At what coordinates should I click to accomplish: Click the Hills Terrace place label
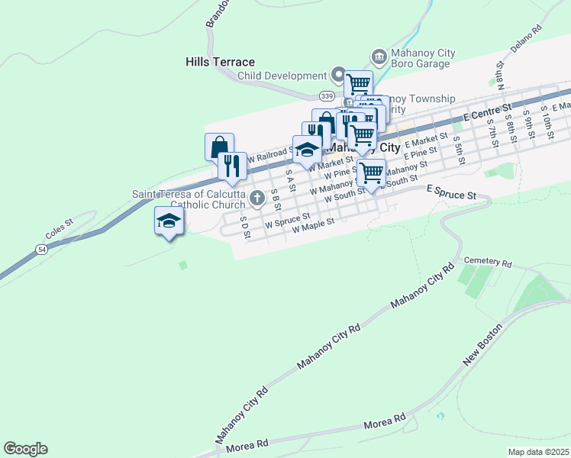point(220,62)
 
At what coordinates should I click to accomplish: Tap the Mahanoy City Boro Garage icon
point(378,56)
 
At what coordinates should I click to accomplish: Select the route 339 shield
point(327,95)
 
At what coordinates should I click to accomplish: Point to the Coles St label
point(58,226)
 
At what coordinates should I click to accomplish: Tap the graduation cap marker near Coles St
point(169,221)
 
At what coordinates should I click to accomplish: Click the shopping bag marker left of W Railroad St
point(219,146)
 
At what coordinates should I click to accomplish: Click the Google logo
point(25,449)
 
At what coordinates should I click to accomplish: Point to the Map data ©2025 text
point(538,452)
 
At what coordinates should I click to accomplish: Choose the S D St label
point(245,227)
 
